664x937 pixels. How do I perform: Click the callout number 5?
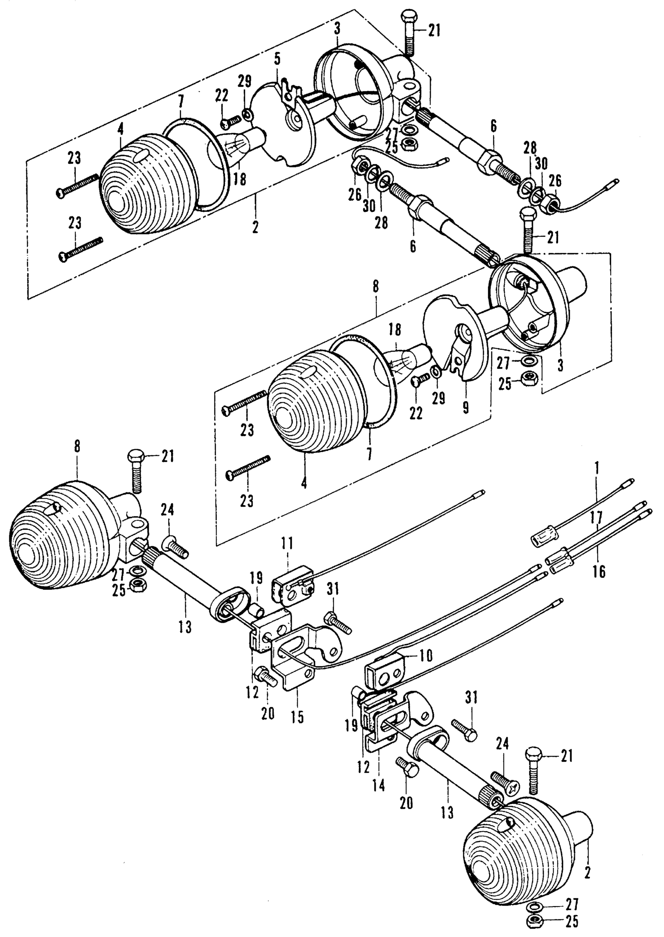pos(278,60)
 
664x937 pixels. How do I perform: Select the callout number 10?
pos(426,656)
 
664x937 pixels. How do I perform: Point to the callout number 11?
pos(287,544)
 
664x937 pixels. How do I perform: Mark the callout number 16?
pos(599,571)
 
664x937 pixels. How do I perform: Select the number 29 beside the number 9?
pos(439,398)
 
